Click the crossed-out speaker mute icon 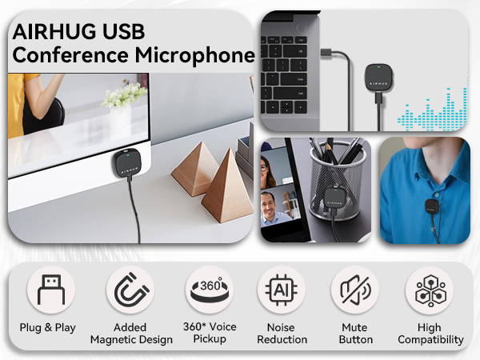point(354,292)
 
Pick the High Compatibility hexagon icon point(430,292)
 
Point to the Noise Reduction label point(282,334)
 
